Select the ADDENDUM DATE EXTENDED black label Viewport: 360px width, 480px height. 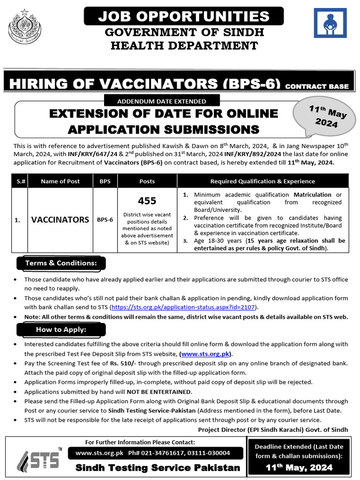coord(162,101)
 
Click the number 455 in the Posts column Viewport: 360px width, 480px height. coord(147,201)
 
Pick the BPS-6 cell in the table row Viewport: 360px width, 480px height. coord(105,219)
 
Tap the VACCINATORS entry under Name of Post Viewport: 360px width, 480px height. coord(60,219)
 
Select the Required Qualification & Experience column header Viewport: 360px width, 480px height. coord(262,181)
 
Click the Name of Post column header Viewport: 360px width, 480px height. coord(60,181)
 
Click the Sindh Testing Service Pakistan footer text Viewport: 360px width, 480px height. coord(158,468)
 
